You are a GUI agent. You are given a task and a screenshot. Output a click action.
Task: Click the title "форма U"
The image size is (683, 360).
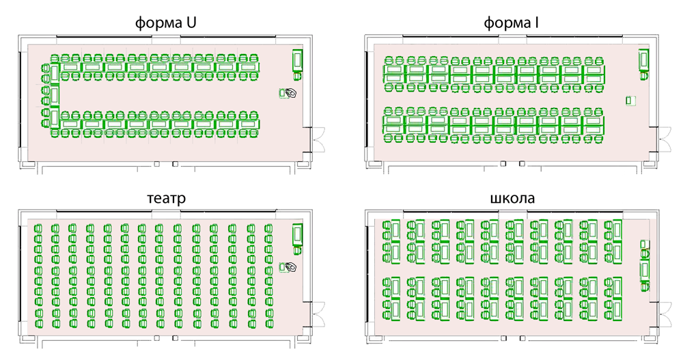pyautogui.click(x=165, y=23)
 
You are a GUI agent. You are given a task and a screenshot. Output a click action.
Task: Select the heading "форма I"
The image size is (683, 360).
pyautogui.click(x=511, y=23)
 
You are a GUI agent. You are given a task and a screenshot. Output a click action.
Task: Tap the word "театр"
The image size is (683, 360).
pyautogui.click(x=167, y=198)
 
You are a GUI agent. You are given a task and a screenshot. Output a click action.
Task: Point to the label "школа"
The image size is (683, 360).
pyautogui.click(x=512, y=198)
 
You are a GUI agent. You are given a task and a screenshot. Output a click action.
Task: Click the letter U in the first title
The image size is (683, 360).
pyautogui.click(x=191, y=23)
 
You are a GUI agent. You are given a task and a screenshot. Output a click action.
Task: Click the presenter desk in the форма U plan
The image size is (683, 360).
pyautogui.click(x=298, y=59)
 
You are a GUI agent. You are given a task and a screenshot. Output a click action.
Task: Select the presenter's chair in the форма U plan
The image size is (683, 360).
pyautogui.click(x=298, y=77)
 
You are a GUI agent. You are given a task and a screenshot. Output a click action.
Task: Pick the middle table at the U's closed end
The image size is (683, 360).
pyautogui.click(x=55, y=95)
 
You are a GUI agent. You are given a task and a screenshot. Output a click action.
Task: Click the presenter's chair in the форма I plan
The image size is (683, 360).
pyautogui.click(x=644, y=76)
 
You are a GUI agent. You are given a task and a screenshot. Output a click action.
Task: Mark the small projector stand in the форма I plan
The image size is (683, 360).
pyautogui.click(x=630, y=100)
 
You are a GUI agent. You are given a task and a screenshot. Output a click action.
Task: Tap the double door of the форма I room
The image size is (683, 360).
pyautogui.click(x=665, y=139)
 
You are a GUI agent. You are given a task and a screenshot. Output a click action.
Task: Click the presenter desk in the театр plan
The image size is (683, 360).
pyautogui.click(x=298, y=235)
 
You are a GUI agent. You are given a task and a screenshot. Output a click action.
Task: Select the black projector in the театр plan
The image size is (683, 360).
pyautogui.click(x=292, y=266)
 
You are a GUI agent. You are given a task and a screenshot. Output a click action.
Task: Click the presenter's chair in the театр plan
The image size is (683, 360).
pyautogui.click(x=298, y=250)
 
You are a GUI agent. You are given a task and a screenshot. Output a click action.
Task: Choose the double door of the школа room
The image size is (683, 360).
pyautogui.click(x=665, y=314)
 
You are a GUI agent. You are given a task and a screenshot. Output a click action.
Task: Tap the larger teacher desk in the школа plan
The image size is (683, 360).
pyautogui.click(x=645, y=271)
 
